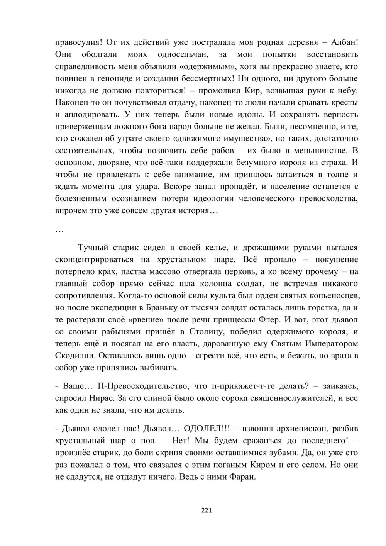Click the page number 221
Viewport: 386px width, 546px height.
tap(207, 510)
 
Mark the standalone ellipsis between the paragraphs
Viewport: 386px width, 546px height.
tap(59, 230)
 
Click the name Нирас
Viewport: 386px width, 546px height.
tap(104, 398)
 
